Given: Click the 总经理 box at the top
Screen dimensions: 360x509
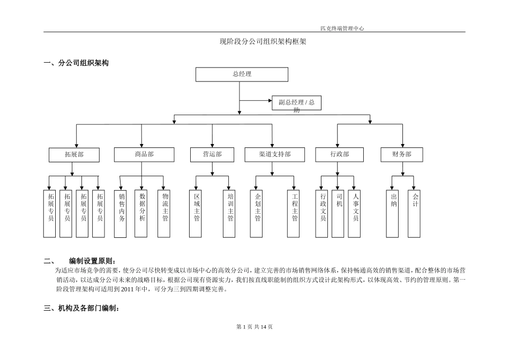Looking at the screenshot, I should coord(242,74).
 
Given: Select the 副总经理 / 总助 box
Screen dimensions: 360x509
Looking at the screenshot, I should coord(296,103).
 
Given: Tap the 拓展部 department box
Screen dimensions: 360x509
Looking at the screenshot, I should coord(74,155).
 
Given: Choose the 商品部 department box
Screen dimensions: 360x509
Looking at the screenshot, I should coord(144,155).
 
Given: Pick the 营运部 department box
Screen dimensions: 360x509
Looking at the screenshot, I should coord(212,155).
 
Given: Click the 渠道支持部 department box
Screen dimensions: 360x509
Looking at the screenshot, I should coord(274,155).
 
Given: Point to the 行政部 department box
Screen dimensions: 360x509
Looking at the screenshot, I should coord(339,155).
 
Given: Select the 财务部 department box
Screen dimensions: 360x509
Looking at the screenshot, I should coord(403,155).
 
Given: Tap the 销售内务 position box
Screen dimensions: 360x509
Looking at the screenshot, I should coord(121,213).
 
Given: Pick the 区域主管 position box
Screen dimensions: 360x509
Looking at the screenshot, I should coord(196,213).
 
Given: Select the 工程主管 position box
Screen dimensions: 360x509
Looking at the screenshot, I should coord(293,213).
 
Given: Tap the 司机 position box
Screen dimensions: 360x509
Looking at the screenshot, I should coord(338,213).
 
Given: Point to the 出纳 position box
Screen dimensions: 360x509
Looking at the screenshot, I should coord(393,213).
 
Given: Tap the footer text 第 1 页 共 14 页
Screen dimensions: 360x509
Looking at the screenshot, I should coord(254,327).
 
